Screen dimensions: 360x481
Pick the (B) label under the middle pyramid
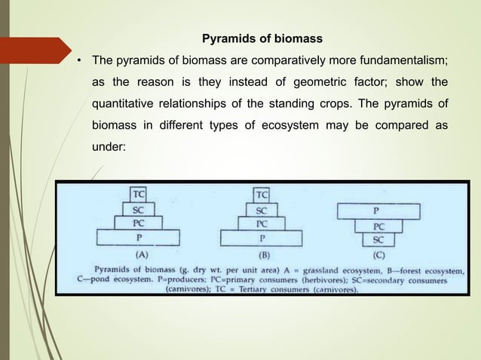point(264,255)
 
